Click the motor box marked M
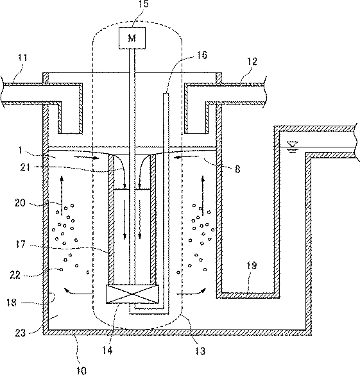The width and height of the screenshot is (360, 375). pos(132,38)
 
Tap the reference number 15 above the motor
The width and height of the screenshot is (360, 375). pos(143,4)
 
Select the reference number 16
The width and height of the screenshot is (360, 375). pos(201,55)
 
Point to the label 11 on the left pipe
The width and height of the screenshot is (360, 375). pos(22,58)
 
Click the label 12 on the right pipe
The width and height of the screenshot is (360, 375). pos(252,62)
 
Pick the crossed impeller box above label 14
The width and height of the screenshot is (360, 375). pos(132,294)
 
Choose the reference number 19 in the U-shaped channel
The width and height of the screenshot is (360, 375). pos(252,265)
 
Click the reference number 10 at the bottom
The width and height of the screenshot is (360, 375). pos(81,371)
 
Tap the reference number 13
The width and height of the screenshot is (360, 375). pos(200,351)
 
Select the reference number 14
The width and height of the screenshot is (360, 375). pos(107,351)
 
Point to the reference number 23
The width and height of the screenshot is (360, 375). pos(21,333)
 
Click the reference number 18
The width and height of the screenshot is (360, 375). pos(12,303)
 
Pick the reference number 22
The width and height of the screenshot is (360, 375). pos(15,275)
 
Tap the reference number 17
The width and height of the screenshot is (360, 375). pos(21,244)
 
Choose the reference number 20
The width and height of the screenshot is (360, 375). pos(20,203)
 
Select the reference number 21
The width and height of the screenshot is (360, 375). pos(25,167)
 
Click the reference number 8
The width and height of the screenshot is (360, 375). pos(237,169)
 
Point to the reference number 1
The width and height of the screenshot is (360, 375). pos(21,150)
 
